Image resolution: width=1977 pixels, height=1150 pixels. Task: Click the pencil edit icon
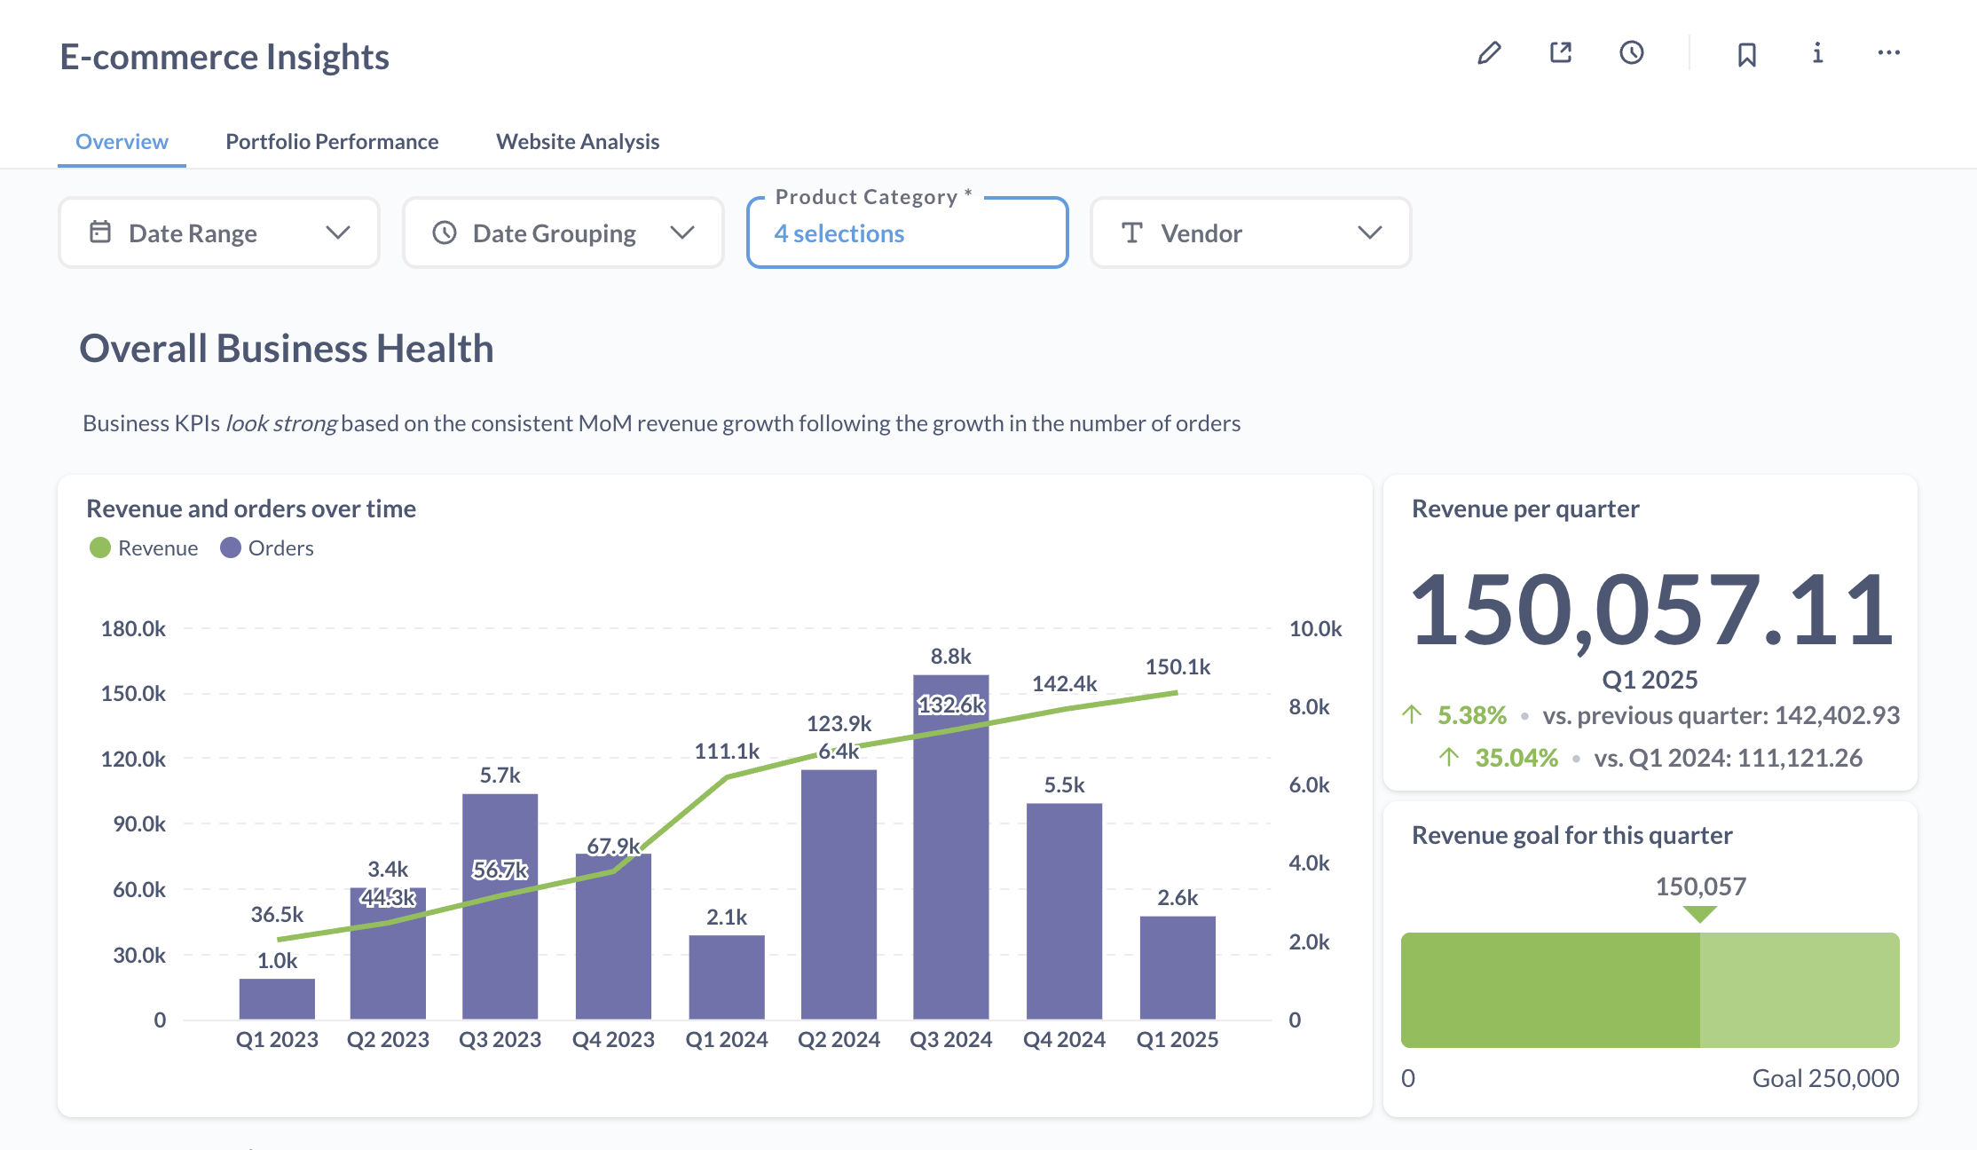1489,53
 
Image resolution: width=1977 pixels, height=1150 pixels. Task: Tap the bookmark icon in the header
1746,54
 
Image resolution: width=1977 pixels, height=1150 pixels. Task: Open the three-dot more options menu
1888,53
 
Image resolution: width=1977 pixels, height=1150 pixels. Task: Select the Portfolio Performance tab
332,142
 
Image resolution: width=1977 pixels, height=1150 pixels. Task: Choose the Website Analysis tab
578,142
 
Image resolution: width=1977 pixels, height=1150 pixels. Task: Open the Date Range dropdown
219,232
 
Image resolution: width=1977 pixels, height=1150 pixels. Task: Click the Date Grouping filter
563,232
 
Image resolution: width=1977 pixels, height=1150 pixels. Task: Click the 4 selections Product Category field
907,233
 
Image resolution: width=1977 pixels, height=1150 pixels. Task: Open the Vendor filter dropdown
1250,232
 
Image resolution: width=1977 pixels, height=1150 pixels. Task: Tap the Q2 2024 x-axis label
839,1040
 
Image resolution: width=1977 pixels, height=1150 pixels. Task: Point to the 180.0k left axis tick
133,629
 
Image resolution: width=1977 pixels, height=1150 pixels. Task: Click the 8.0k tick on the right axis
1309,707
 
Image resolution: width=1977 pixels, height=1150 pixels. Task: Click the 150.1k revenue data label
1178,667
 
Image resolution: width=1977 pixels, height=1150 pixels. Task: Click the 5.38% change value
1471,715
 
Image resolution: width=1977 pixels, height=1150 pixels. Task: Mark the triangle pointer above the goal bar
1700,914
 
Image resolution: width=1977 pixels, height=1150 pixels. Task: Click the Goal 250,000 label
1825,1078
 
